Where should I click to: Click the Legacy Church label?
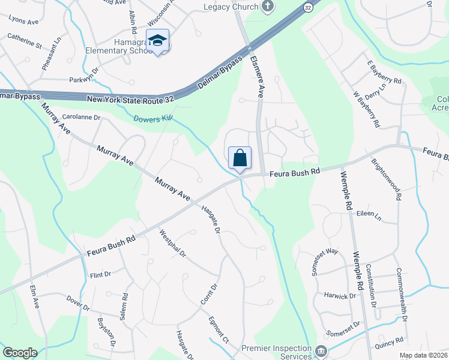231,7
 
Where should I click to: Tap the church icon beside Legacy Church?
268,7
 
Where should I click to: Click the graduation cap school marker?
158,41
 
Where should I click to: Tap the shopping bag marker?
240,158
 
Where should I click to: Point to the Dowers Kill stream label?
152,119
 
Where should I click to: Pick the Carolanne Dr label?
80,118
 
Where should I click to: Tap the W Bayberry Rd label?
366,110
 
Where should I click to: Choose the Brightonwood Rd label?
385,179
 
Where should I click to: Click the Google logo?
20,353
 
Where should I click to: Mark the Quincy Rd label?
391,341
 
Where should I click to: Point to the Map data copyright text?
423,355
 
